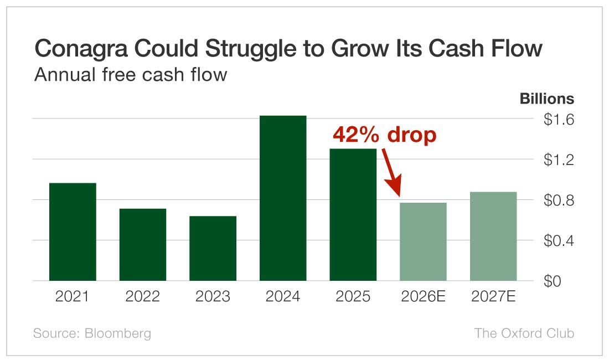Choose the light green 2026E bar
tap(423, 241)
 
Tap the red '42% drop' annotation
tap(384, 135)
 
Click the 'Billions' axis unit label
tap(546, 99)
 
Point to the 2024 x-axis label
tap(283, 297)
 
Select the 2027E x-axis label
tap(493, 297)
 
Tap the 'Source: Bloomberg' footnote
tap(92, 333)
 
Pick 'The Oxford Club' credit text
tap(524, 333)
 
